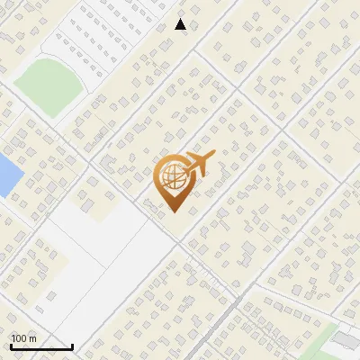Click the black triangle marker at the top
[x=181, y=24]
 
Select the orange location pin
[x=174, y=183]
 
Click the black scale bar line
[x=41, y=346]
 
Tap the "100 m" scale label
[x=23, y=338]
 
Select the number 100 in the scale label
[x=20, y=338]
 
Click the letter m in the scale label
[x=32, y=338]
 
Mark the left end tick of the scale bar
[x=11, y=345]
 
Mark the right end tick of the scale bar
[x=72, y=345]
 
